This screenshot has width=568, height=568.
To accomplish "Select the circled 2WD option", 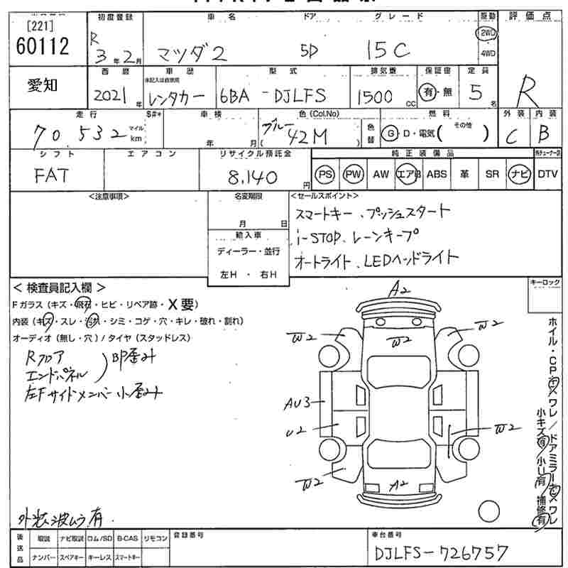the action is tap(487, 33).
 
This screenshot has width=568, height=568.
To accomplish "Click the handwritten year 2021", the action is tap(109, 96).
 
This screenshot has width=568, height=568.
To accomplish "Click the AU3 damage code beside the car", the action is tap(298, 404).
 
